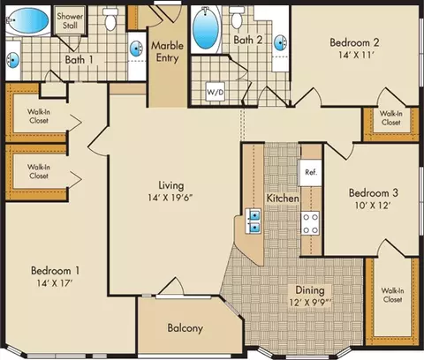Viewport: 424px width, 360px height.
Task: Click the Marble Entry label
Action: point(167,52)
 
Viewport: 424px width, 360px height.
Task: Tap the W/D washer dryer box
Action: point(216,92)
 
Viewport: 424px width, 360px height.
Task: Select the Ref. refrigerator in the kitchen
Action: point(310,173)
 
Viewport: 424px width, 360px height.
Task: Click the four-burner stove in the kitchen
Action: point(310,223)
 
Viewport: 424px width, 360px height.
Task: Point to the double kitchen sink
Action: point(254,221)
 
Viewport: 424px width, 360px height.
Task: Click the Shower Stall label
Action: point(70,20)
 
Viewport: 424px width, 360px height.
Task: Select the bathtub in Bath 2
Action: point(206,29)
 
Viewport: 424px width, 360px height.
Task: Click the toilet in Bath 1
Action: point(110,19)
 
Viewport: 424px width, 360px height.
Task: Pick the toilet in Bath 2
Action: point(236,18)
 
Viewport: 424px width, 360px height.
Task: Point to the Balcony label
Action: point(185,328)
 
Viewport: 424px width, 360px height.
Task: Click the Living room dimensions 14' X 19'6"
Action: point(170,198)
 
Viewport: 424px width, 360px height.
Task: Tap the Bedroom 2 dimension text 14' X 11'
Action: point(356,55)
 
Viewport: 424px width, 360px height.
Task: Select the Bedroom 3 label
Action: point(374,193)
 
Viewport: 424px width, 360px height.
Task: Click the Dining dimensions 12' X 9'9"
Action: point(310,303)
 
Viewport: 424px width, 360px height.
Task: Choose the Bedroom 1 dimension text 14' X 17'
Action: point(55,283)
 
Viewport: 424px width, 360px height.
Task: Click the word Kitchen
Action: point(283,199)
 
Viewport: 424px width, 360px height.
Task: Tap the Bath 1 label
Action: point(79,60)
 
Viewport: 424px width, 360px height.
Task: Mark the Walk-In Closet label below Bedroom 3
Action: point(392,295)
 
